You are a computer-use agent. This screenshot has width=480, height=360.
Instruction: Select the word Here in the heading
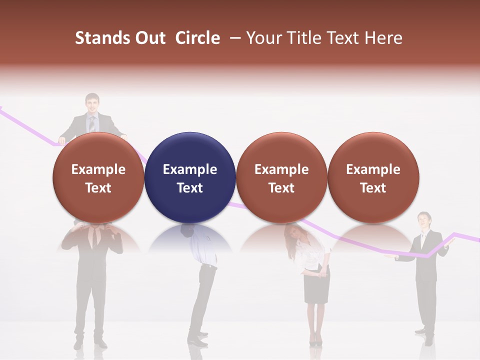[383, 38]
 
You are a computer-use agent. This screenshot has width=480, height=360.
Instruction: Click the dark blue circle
[190, 177]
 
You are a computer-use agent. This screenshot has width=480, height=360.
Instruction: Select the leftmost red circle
[98, 177]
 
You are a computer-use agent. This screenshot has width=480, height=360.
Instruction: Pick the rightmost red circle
[373, 177]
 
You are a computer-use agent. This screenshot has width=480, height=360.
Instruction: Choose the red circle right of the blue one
[281, 177]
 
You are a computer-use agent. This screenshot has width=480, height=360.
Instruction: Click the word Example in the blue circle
[190, 169]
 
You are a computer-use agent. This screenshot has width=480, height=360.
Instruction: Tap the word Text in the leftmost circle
[98, 188]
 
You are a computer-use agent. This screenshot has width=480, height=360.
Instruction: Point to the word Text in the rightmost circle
[373, 188]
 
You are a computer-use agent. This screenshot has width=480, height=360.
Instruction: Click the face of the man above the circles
[92, 104]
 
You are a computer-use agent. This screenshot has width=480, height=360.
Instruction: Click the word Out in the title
[149, 38]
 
